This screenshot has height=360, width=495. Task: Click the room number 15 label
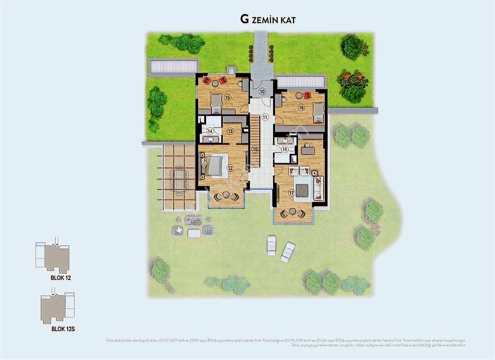point(227,98)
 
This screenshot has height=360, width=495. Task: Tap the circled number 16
point(301,108)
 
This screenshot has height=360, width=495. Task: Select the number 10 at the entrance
point(262,92)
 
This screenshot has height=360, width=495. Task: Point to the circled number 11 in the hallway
point(265,117)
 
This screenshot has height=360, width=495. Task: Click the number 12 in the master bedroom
point(230,168)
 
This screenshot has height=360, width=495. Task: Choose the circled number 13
point(230,131)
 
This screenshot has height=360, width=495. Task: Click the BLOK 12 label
point(61,278)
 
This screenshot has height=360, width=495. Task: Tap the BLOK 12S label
point(63,329)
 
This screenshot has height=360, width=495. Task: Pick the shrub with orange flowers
point(353,80)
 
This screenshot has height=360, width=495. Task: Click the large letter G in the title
point(244,19)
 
